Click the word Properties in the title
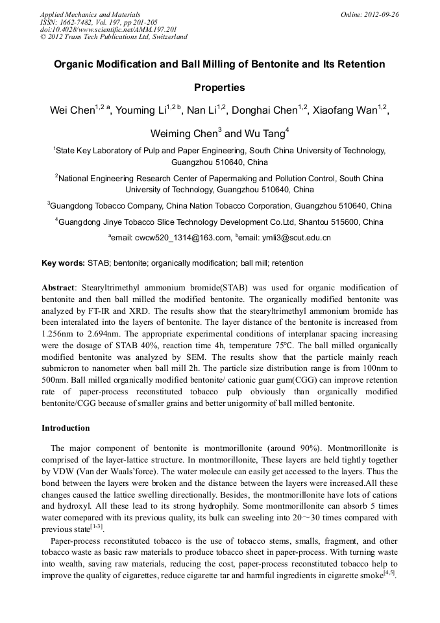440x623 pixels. pos(219,87)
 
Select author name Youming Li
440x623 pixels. pos(140,111)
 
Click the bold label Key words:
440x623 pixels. pos(63,263)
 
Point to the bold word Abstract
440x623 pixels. pos(58,287)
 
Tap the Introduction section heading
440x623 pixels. pos(66,428)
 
